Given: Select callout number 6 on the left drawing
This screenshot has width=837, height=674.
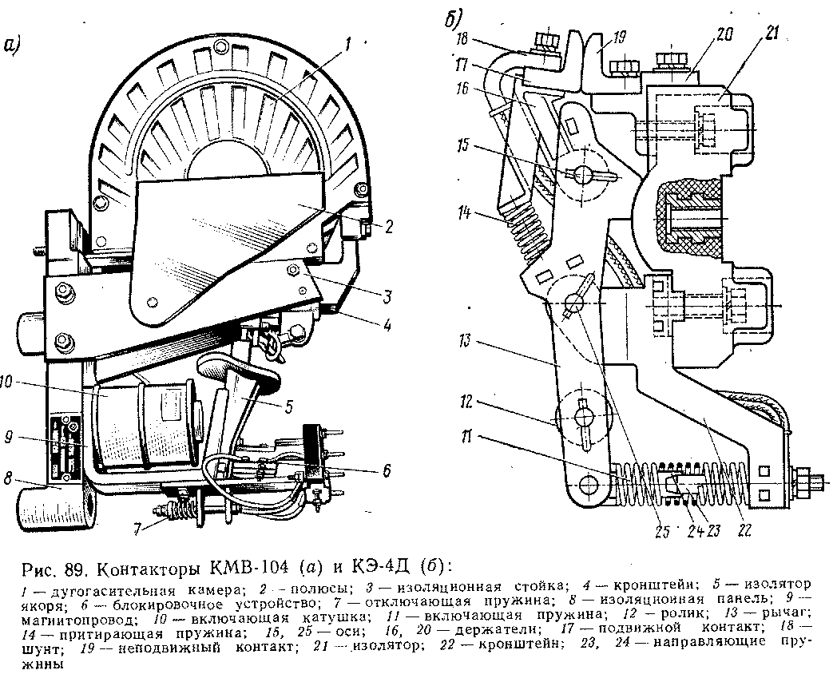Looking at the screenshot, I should click(387, 471).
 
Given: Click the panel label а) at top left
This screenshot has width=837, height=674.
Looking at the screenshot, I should click(11, 46).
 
